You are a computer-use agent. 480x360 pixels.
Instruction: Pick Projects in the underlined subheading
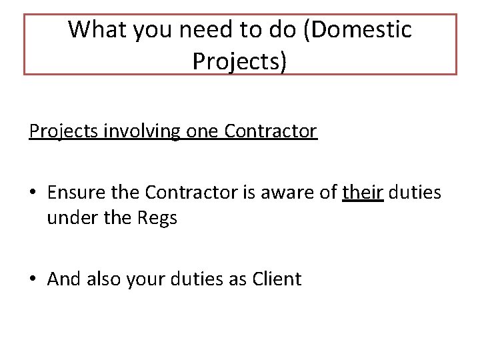62,131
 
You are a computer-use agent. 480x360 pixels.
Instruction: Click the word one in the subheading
202,131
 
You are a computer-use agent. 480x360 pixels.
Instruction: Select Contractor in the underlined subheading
271,131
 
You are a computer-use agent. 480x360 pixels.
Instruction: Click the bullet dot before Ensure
33,193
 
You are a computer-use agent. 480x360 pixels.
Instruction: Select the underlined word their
363,193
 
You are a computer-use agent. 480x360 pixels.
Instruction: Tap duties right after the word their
415,193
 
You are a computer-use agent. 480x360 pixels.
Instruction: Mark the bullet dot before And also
33,279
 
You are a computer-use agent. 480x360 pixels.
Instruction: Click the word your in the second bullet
151,279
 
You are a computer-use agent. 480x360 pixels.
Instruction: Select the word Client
277,279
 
